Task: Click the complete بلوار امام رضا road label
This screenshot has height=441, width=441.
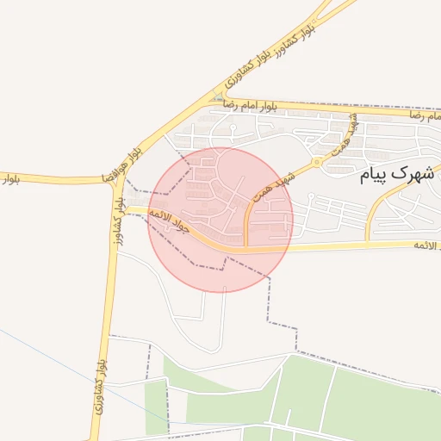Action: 250,105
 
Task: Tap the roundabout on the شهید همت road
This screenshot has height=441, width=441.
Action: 318,161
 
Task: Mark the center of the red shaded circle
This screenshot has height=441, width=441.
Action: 221,220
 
